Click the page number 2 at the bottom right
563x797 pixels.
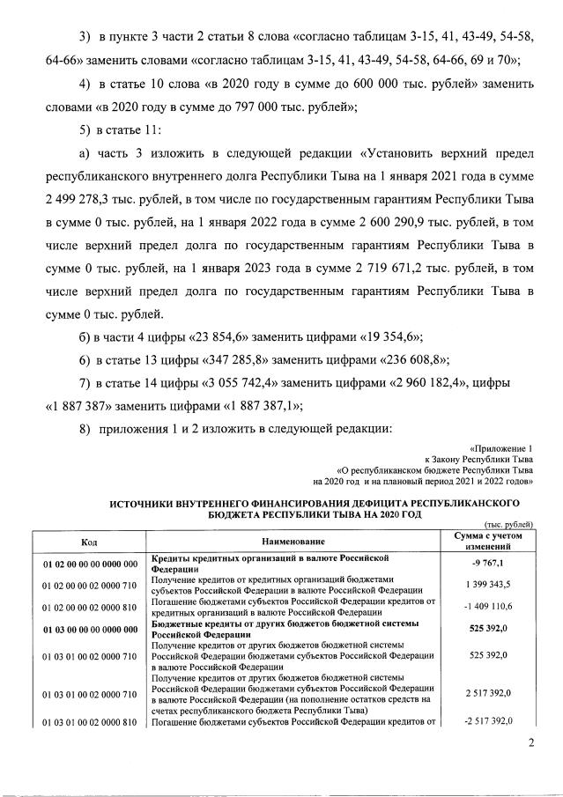pos(531,744)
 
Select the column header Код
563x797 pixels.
pos(89,542)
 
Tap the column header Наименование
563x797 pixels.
pos(295,542)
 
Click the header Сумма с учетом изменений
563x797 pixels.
pos(487,542)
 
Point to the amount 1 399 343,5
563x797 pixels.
pos(487,584)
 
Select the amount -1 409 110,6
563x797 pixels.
pos(487,607)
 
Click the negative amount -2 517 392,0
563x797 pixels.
pos(487,721)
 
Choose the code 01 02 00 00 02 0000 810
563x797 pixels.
pos(89,607)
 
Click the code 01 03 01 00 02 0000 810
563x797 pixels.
pos(89,722)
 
